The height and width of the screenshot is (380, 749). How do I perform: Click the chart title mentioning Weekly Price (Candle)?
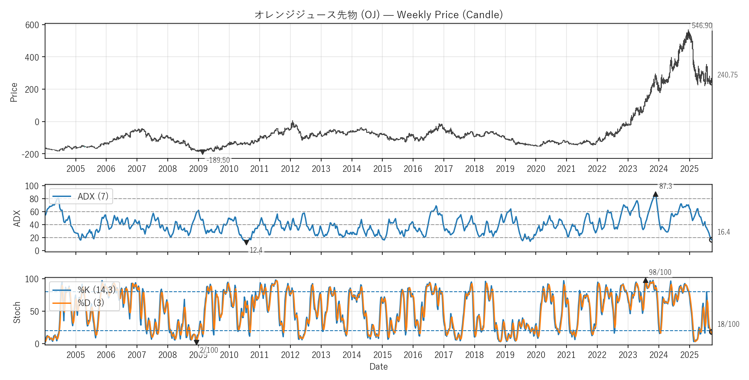pos(378,15)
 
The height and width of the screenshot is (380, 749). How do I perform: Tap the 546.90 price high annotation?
pos(702,26)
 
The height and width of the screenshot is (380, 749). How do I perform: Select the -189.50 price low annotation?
pos(218,160)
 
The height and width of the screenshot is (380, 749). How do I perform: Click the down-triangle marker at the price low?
pos(202,152)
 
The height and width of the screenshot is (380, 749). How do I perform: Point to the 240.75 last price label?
pos(727,75)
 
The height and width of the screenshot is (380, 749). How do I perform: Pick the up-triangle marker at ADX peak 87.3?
pos(655,194)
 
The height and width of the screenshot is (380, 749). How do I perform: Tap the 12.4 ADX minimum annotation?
pos(256,250)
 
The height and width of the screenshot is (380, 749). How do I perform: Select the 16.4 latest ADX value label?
pos(723,232)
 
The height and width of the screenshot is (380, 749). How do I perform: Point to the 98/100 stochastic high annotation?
pos(660,272)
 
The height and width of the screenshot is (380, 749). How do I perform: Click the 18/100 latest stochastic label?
pos(728,324)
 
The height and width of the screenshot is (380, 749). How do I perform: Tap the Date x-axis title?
pos(378,367)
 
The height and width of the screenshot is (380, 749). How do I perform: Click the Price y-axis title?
pos(14,92)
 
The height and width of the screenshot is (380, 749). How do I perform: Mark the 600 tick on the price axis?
pos(32,25)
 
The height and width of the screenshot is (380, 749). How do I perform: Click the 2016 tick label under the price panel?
pos(413,169)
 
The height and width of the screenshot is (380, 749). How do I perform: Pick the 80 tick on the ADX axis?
pos(34,199)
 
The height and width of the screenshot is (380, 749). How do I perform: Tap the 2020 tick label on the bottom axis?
pos(536,355)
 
